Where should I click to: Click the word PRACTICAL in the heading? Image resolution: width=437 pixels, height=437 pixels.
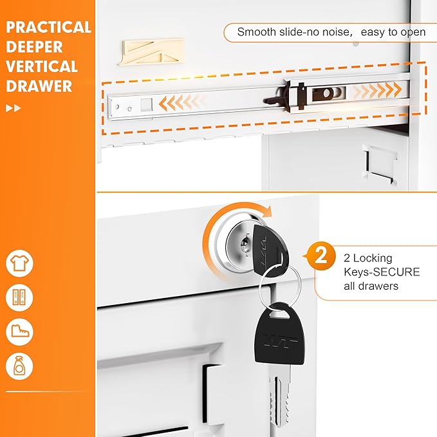coord(49,28)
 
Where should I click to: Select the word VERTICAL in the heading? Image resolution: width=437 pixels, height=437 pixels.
coord(42,67)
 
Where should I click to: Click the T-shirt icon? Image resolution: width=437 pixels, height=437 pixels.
coord(19,264)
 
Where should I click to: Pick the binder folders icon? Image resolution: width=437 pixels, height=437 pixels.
coord(19,298)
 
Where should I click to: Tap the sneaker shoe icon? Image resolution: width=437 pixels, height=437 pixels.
coord(19,332)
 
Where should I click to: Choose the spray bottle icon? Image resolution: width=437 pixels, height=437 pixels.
coord(19,366)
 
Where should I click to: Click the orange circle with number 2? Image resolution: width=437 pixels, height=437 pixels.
coord(322,256)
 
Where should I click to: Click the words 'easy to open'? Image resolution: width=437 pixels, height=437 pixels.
coord(393,32)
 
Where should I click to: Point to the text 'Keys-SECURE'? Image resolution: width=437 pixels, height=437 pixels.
coord(382,272)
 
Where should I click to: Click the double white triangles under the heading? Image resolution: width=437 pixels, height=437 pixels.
coord(13,108)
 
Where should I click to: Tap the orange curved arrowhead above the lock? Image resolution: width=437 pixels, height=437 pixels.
coord(266,212)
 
